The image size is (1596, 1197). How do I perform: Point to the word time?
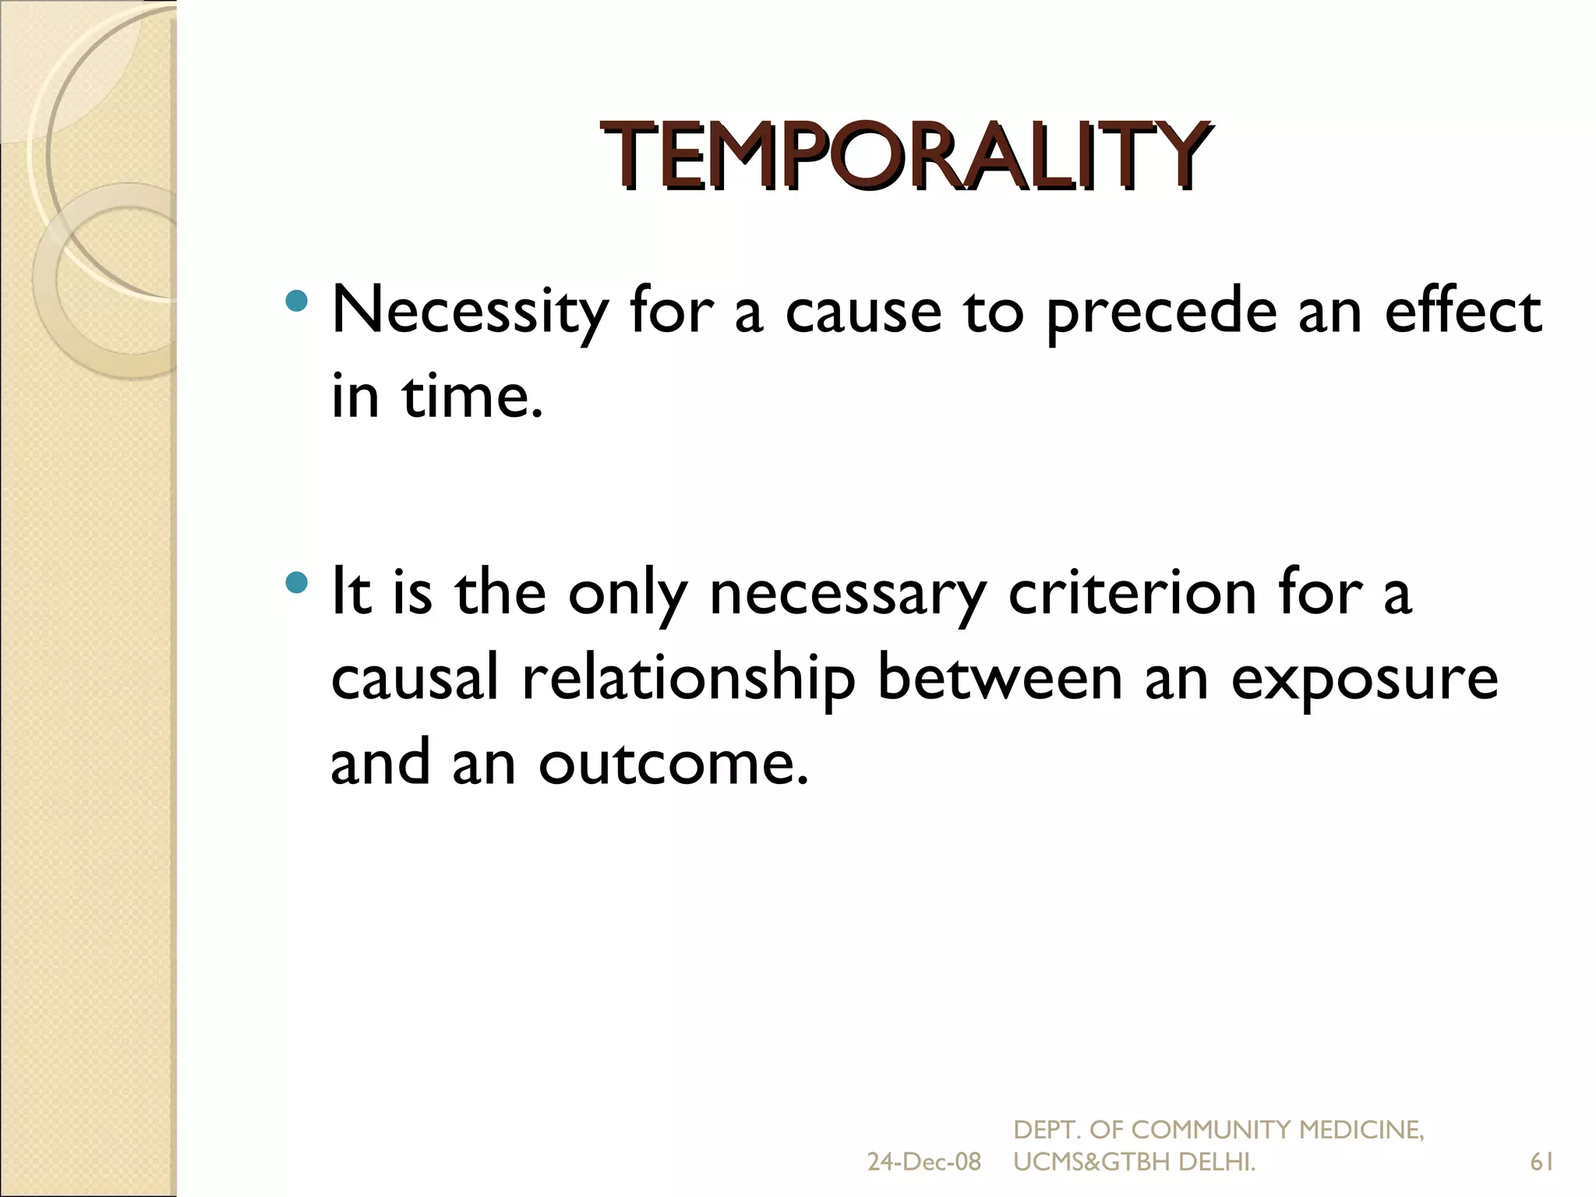point(471,396)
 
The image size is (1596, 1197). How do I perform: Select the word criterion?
point(1132,593)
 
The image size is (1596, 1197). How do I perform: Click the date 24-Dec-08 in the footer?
point(923,1162)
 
